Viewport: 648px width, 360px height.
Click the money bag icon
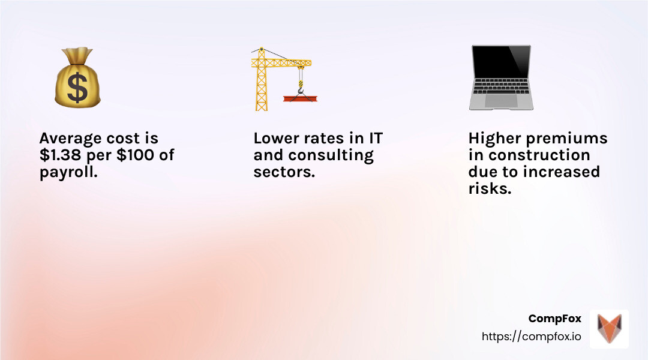77,78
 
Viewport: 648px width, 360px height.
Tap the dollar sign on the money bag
77,87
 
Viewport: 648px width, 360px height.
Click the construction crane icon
283,79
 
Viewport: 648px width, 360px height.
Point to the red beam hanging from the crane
300,98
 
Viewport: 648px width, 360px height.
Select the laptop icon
501,78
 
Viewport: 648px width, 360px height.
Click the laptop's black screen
501,62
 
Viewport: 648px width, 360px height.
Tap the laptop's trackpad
501,100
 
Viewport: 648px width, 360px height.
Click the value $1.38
61,155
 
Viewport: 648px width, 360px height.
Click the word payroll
68,172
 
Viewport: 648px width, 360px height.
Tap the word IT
376,138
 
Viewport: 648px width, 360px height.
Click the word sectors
284,172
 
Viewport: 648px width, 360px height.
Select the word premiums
566,139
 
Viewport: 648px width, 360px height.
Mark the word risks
490,188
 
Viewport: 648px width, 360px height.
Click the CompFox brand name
554,319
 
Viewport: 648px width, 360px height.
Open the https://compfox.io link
531,337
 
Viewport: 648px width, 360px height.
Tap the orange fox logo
609,328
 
